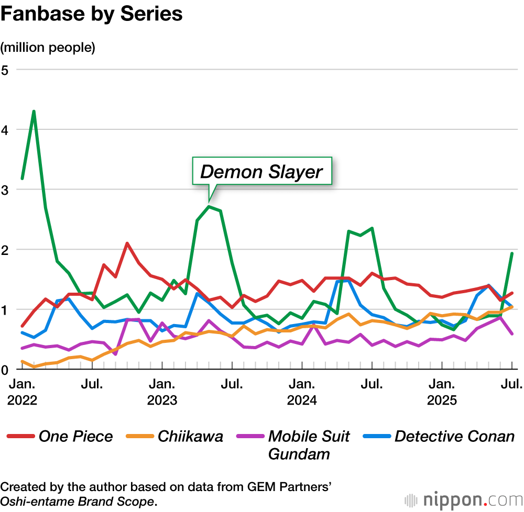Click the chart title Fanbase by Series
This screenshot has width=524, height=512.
click(x=92, y=14)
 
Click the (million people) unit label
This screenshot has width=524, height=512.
click(x=48, y=48)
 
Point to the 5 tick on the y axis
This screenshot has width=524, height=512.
click(x=5, y=70)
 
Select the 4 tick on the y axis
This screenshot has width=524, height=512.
click(x=5, y=129)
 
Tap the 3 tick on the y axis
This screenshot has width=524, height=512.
click(x=5, y=190)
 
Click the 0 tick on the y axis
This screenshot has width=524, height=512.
click(x=5, y=370)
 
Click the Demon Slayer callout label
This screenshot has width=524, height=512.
click(x=261, y=171)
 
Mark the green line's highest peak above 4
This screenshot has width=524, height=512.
click(x=34, y=112)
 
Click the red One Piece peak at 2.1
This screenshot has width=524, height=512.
click(x=127, y=243)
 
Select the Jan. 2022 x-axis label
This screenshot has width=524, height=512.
click(x=22, y=392)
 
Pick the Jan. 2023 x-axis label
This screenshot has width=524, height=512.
click(x=162, y=392)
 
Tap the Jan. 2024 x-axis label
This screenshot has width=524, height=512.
click(x=302, y=392)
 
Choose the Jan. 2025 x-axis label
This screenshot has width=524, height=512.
click(x=442, y=392)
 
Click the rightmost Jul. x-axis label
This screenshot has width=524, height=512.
click(x=512, y=385)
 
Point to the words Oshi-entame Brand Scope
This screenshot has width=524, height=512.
click(x=79, y=501)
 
